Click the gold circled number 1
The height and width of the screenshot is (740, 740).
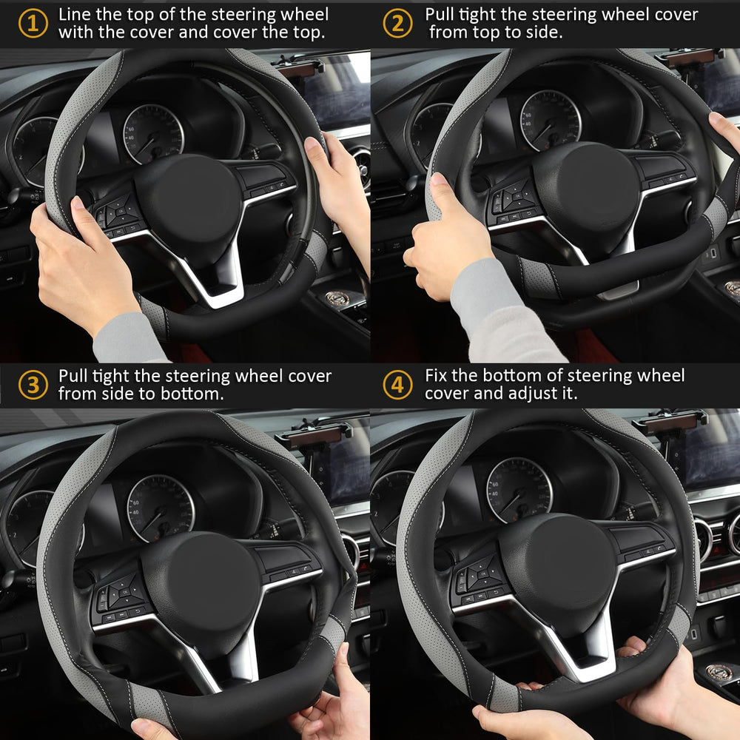[x=33, y=24]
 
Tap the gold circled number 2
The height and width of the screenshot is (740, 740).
[x=398, y=24]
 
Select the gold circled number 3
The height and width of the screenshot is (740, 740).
[x=33, y=385]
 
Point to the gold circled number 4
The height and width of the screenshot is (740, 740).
[x=398, y=385]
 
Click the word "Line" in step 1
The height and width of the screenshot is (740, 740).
[x=75, y=14]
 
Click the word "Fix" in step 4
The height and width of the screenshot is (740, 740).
[x=436, y=375]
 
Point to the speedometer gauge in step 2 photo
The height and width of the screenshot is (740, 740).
[x=551, y=121]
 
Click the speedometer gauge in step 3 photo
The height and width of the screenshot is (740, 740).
[x=161, y=508]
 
